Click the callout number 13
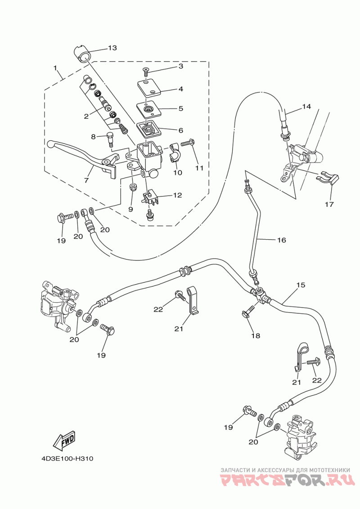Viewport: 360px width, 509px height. point(112,48)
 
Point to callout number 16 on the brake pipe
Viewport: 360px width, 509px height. point(281,240)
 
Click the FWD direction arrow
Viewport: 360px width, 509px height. point(64,441)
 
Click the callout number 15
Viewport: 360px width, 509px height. point(301,285)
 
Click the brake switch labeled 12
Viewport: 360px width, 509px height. point(151,198)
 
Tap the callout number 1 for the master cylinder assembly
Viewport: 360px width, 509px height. point(55,68)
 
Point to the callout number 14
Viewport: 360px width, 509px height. point(306,107)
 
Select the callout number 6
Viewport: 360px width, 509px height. point(180,130)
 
